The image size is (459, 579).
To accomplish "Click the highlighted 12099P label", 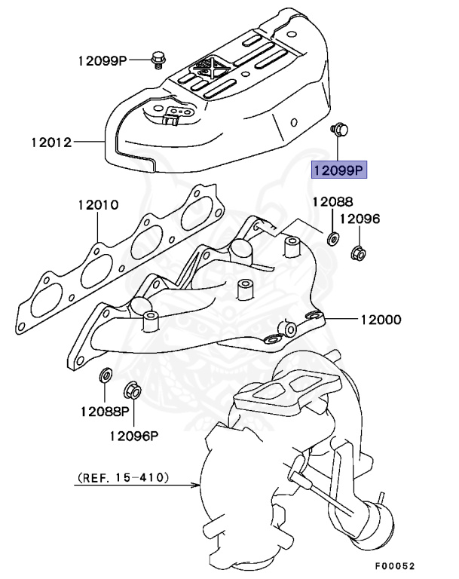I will tap(339, 170).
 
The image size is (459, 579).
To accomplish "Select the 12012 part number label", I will tap(51, 141).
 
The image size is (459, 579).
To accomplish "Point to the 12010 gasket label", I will tap(96, 205).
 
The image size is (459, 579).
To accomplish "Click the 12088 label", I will tap(332, 201).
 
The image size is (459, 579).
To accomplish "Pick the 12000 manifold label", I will tap(381, 320).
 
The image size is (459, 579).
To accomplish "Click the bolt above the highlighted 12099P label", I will tap(338, 130).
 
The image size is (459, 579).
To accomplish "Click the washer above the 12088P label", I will tap(106, 375).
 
